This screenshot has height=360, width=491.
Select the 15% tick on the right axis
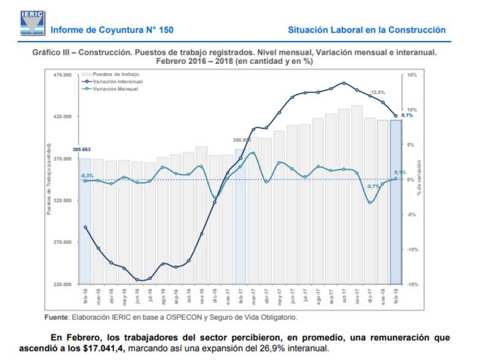[412, 75]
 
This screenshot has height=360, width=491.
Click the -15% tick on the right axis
[412, 284]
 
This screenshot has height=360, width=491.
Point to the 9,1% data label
[407, 115]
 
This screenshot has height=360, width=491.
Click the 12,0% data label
[377, 92]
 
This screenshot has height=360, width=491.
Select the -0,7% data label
[373, 186]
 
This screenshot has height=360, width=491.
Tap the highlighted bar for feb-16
[85, 221]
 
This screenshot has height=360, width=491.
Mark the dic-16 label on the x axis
[215, 296]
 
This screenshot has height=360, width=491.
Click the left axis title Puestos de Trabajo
[48, 181]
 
